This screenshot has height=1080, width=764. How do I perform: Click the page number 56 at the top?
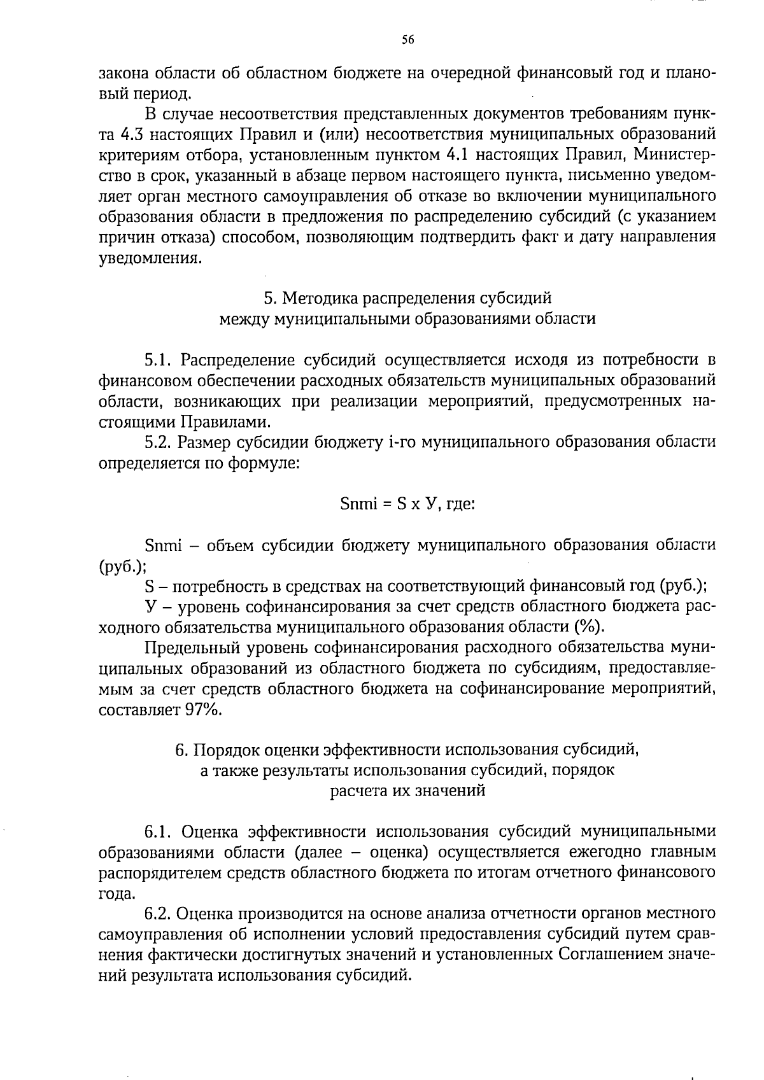point(407,40)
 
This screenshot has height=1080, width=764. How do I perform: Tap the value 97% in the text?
point(202,710)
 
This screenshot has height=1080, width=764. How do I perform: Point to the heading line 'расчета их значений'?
point(407,791)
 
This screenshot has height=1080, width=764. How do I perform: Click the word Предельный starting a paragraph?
point(192,649)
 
